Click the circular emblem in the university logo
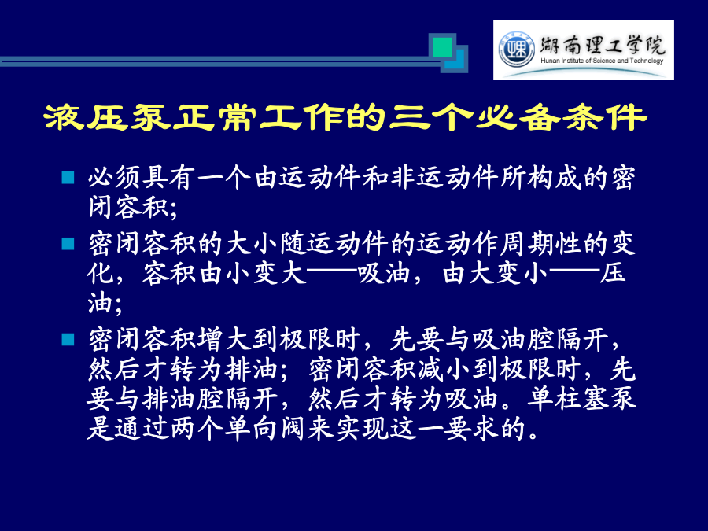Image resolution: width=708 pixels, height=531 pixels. pyautogui.click(x=516, y=50)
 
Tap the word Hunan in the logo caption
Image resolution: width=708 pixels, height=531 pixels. pyautogui.click(x=550, y=61)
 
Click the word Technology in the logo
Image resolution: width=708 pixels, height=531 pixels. pyautogui.click(x=647, y=61)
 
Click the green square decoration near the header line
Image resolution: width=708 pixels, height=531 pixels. pyautogui.click(x=442, y=47)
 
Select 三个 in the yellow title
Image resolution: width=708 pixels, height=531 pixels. pyautogui.click(x=431, y=117)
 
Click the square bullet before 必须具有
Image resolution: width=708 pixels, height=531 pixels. pyautogui.click(x=68, y=178)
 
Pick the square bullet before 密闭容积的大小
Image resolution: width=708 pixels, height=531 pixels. pyautogui.click(x=68, y=244)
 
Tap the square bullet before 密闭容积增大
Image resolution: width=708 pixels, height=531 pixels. pyautogui.click(x=68, y=340)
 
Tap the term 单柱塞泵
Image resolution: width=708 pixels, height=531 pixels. pyautogui.click(x=582, y=399)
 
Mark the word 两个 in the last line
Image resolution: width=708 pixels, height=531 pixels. pyautogui.click(x=197, y=429)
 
